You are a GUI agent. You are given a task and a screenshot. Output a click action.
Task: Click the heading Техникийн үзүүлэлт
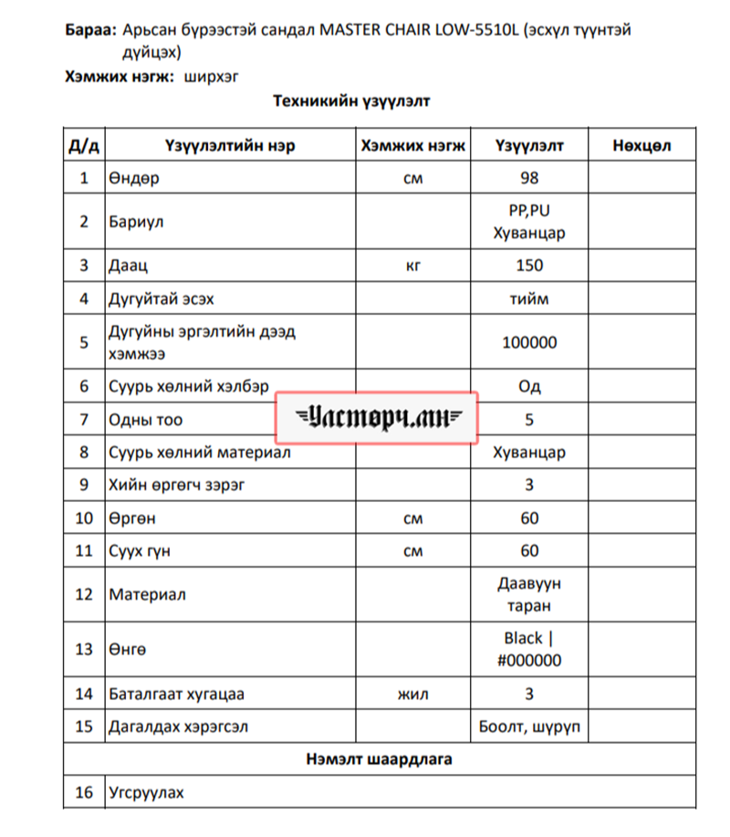[350, 101]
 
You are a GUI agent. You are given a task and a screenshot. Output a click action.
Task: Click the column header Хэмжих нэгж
[412, 145]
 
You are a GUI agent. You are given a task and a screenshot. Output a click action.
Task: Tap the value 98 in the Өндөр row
[528, 178]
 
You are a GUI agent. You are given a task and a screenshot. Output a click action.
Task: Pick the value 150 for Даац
[528, 266]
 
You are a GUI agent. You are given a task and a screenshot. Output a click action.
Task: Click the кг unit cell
[412, 266]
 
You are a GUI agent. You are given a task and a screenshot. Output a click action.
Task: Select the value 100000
[529, 342]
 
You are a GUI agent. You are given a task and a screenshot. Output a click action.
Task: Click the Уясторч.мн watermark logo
[378, 418]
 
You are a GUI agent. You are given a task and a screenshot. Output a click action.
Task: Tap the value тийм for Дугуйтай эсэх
[529, 298]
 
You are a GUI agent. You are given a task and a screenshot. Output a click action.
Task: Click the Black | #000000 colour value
[529, 649]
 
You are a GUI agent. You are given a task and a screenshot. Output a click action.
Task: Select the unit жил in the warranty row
[412, 694]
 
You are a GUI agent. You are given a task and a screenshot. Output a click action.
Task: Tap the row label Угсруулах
[146, 792]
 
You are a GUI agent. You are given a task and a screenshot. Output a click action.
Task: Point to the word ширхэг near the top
[212, 78]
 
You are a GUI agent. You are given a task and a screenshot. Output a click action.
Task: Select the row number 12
[84, 594]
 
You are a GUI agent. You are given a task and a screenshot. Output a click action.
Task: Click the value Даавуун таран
[529, 594]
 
